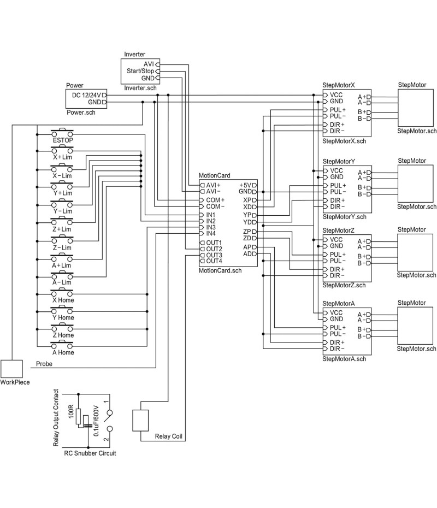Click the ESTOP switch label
point(63,140)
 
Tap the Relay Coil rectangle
point(140,421)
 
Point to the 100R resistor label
point(70,412)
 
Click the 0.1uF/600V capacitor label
point(96,421)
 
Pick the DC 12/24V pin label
point(86,95)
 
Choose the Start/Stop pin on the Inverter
point(140,71)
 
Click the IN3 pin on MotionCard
point(211,227)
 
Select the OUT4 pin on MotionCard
point(214,261)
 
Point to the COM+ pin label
point(215,200)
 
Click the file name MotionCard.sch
point(220,270)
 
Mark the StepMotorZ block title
point(339,231)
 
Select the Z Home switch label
point(62,335)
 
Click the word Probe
point(44,364)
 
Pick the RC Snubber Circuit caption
point(90,453)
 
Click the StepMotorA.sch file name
point(344,359)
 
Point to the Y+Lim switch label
point(62,193)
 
